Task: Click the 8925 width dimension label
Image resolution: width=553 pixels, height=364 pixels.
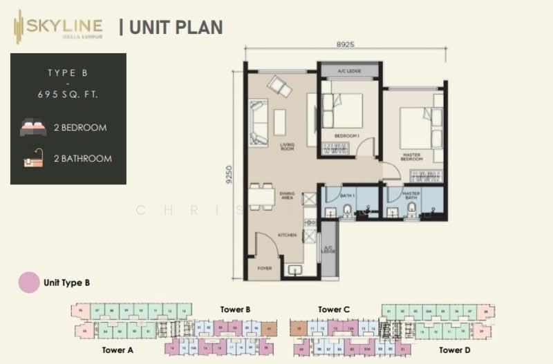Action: pos(346,44)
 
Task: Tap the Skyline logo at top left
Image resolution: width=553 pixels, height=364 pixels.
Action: pos(58,28)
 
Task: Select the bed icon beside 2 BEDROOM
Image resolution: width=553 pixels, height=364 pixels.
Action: pos(33,128)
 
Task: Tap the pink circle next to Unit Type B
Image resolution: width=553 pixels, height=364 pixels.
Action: pos(29,282)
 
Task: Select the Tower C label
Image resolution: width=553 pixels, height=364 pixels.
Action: pos(334,309)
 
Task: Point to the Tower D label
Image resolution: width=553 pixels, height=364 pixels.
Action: pos(456,350)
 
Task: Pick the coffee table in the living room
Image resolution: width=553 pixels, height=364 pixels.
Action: pos(279,122)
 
